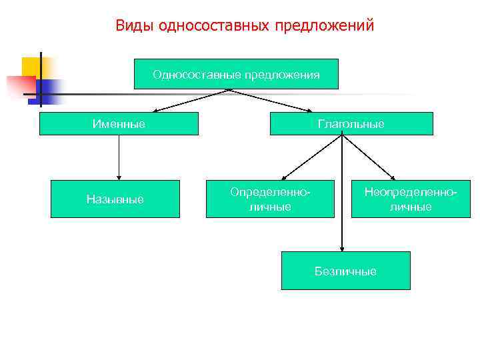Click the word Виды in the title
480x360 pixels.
coord(132,26)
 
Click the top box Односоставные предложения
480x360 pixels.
coord(236,74)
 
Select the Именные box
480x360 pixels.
coord(119,124)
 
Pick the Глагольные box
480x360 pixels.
coord(351,124)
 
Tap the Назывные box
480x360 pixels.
coord(115,199)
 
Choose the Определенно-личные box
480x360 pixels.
coord(269,199)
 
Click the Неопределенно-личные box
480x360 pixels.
coord(411,199)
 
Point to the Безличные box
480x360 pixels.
coord(345,271)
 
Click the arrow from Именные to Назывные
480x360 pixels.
coord(119,157)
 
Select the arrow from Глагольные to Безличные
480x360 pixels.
coord(342,193)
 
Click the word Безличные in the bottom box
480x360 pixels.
coord(345,271)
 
